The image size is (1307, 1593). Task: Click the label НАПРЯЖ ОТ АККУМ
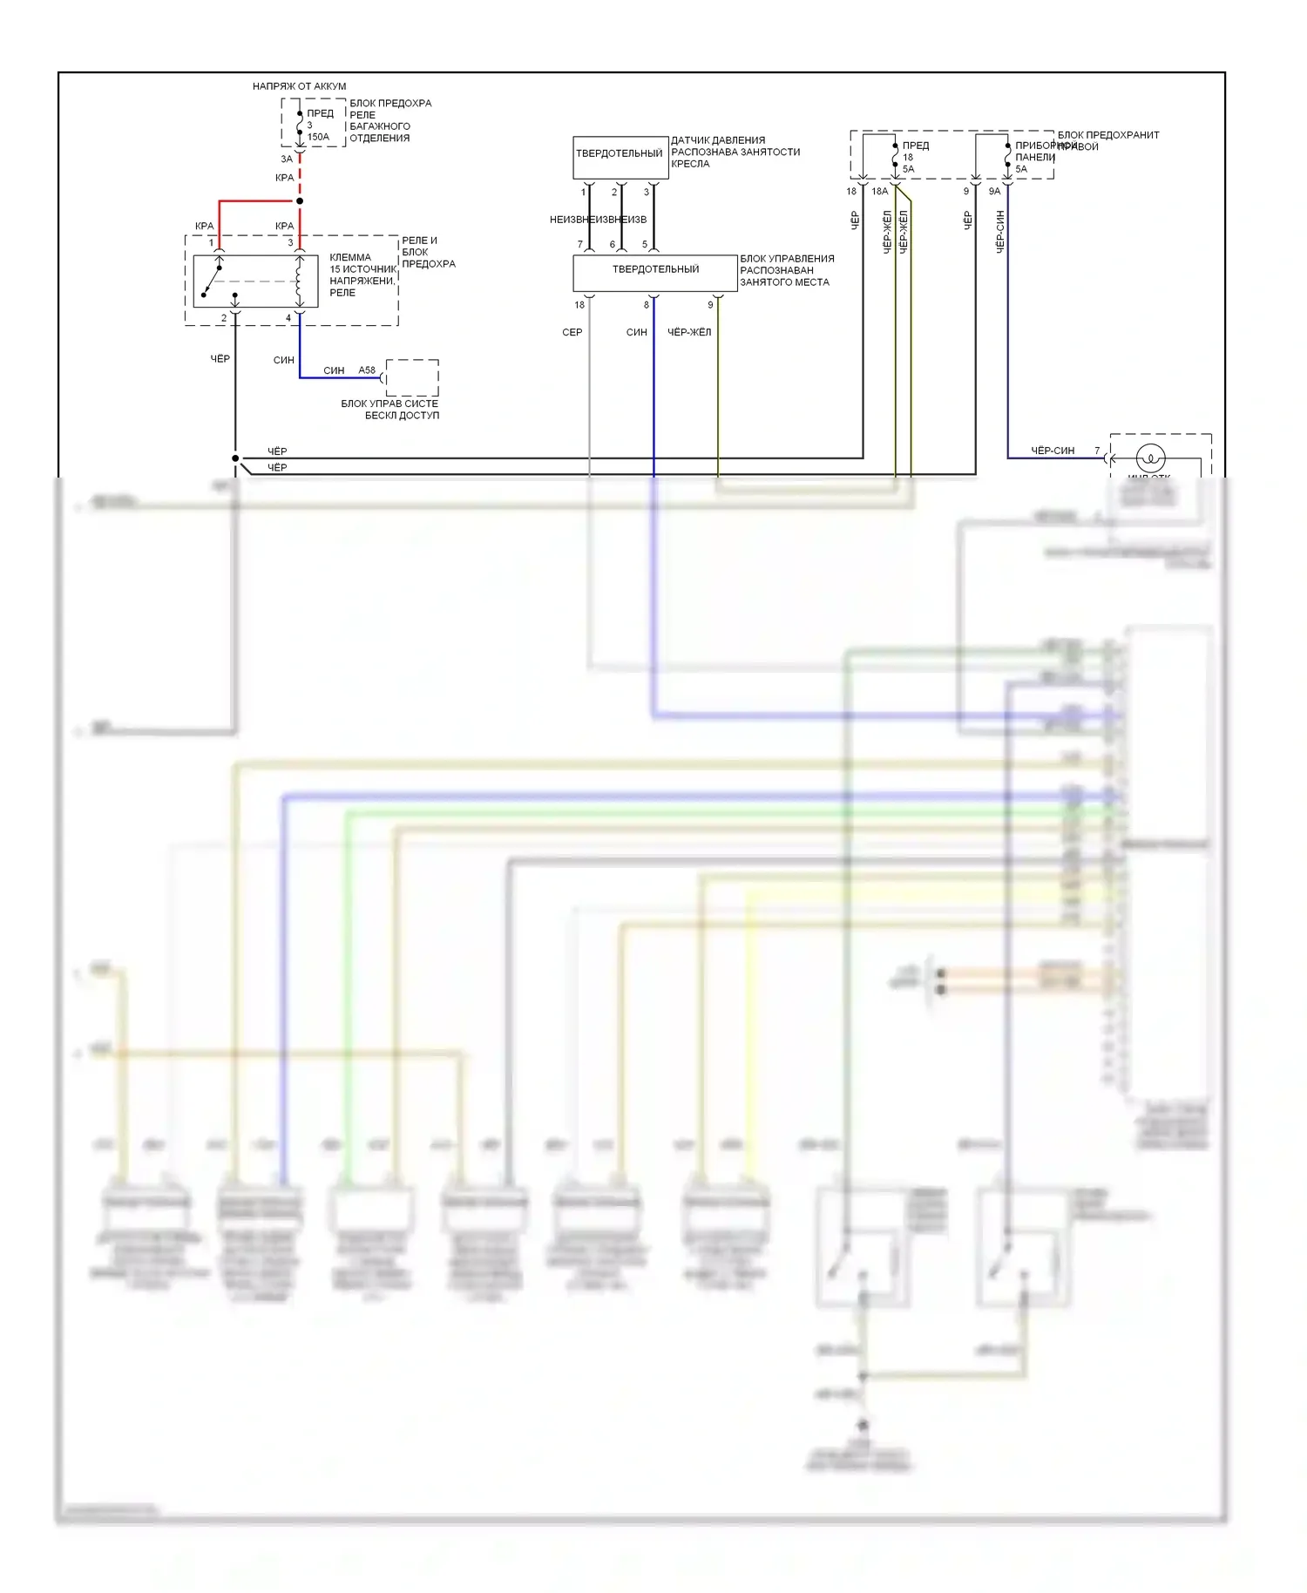299,86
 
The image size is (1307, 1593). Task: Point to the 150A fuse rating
318,137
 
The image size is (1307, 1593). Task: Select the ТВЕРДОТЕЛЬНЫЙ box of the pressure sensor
620,154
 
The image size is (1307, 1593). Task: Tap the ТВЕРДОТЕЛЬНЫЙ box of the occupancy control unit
655,270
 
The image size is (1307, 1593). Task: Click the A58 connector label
367,370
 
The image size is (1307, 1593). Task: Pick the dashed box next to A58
412,377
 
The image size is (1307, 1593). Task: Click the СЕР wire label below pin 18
572,332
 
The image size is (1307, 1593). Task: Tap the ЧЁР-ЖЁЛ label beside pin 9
689,332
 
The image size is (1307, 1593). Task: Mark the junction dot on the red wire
300,201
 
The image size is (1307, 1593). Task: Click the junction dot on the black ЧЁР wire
235,458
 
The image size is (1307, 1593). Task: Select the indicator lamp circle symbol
1151,458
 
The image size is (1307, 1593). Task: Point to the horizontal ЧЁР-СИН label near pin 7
1053,451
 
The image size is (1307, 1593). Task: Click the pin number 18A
880,192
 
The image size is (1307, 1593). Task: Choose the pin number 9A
994,192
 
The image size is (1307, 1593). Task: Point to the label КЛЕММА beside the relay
350,258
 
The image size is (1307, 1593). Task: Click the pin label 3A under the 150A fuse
287,159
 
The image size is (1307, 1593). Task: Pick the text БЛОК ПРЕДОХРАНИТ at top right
1108,135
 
